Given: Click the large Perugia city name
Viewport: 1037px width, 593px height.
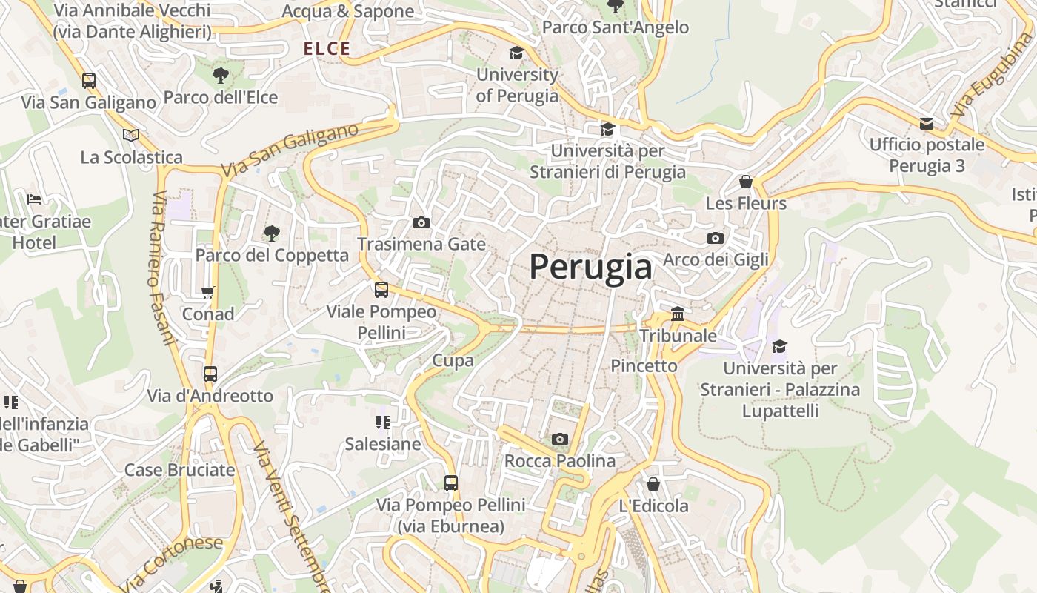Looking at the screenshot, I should [590, 268].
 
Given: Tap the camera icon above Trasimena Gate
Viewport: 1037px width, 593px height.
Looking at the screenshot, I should [421, 222].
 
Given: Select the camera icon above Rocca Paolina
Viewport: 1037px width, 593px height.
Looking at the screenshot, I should [560, 439].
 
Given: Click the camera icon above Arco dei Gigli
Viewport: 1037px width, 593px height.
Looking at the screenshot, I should [715, 238].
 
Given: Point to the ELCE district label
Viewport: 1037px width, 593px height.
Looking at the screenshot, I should [327, 49].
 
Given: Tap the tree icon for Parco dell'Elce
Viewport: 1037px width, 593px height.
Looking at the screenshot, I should [220, 75].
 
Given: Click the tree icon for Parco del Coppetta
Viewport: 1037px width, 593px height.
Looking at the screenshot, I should [272, 233].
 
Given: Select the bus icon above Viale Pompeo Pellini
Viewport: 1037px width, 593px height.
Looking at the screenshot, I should [381, 290].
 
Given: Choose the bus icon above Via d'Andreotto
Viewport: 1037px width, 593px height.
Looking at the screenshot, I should [210, 374].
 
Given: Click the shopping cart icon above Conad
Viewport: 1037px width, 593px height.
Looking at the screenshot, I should [208, 293].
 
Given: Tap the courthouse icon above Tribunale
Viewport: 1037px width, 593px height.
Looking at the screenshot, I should [678, 314].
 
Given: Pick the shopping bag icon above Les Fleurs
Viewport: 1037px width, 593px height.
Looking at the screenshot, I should [746, 182].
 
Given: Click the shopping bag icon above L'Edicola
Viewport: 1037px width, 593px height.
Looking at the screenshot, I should [653, 484].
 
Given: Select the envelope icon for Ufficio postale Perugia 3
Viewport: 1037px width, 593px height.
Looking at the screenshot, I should [927, 123].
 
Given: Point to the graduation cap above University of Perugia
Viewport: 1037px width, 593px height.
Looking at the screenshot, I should [516, 53].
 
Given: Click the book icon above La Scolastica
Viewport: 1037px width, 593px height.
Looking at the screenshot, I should [131, 135].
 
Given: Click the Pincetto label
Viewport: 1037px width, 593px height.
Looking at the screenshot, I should [644, 365].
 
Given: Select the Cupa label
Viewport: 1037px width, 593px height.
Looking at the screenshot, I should [453, 360].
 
